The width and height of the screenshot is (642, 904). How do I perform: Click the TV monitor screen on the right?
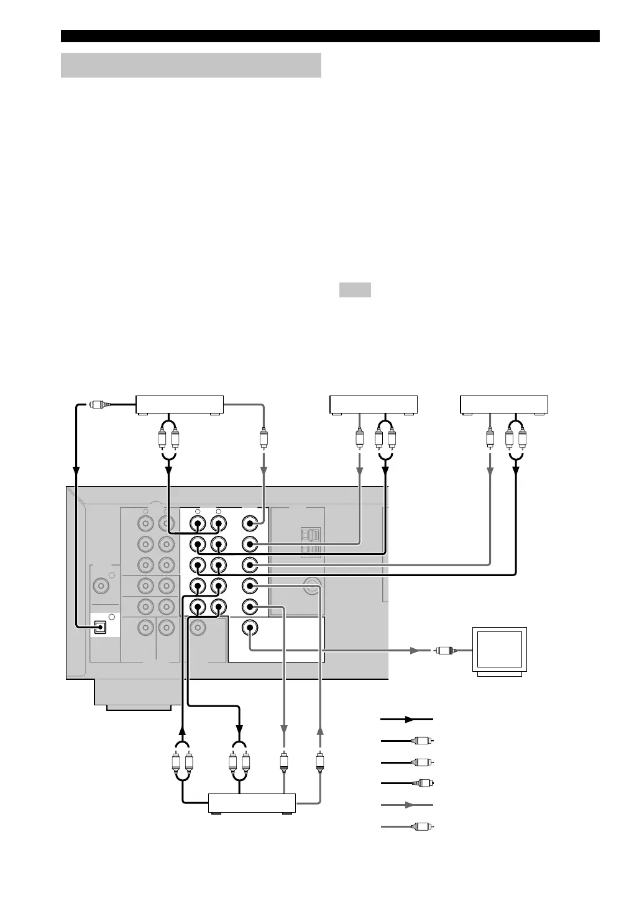pos(500,649)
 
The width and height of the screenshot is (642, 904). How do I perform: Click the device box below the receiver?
pos(252,803)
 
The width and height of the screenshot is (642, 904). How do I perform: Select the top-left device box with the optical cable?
pos(180,404)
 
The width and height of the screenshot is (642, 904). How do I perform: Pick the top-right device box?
pos(503,404)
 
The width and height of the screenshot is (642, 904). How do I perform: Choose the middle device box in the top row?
pos(373,404)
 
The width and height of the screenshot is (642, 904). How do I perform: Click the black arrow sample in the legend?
pos(406,719)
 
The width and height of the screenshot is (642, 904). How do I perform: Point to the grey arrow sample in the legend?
pos(406,804)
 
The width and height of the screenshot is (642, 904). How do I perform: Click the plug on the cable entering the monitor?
pos(444,651)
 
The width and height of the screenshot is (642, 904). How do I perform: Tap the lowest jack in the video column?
pos(250,628)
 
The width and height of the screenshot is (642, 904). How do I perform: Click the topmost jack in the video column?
pos(250,523)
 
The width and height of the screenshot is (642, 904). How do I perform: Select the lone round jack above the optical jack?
pos(99,585)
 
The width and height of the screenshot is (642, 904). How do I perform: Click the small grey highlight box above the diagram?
pos(355,290)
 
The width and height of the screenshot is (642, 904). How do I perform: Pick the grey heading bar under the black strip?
pos(191,65)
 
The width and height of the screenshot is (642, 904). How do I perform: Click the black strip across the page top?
pos(330,36)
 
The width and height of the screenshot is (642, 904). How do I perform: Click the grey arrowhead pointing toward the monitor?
pos(413,651)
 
